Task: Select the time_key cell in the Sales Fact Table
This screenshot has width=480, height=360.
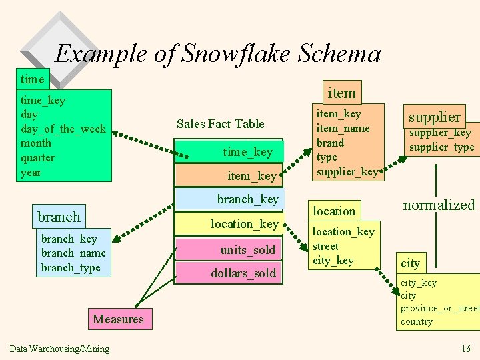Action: click(x=247, y=152)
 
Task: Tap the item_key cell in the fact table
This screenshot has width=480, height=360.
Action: click(x=251, y=175)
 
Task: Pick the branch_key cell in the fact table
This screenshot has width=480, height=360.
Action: click(x=247, y=199)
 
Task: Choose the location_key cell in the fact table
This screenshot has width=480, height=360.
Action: click(x=244, y=224)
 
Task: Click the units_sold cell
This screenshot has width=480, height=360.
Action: click(x=247, y=250)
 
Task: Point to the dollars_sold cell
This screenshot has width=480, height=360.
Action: click(x=243, y=273)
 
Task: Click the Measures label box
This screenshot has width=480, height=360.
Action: click(x=118, y=319)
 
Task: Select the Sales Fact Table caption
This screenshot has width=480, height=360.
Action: click(x=220, y=123)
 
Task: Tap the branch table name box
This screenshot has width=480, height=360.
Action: click(x=59, y=217)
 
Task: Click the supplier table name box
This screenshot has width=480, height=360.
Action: click(x=434, y=117)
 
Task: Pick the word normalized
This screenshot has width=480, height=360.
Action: click(x=438, y=205)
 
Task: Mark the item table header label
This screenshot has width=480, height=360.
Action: click(x=341, y=92)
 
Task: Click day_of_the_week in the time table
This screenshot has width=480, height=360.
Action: click(x=63, y=129)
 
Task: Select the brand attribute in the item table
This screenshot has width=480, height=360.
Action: click(x=330, y=143)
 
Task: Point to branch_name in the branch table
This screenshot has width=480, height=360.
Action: click(x=73, y=253)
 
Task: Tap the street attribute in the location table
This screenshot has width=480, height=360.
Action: click(x=325, y=246)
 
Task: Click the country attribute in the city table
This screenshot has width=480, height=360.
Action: click(x=416, y=321)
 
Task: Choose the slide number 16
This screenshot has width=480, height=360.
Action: click(x=465, y=349)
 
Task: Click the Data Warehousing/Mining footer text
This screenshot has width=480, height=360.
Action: click(x=59, y=349)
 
